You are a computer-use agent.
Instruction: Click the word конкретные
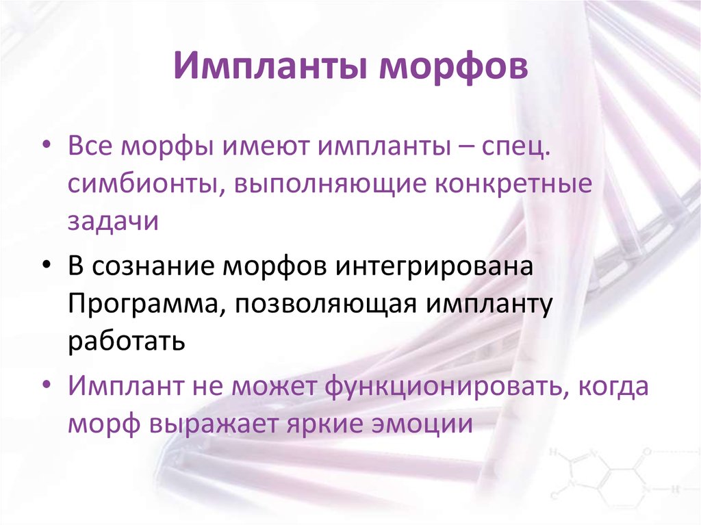[515, 185]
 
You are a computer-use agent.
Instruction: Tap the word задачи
[113, 222]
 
